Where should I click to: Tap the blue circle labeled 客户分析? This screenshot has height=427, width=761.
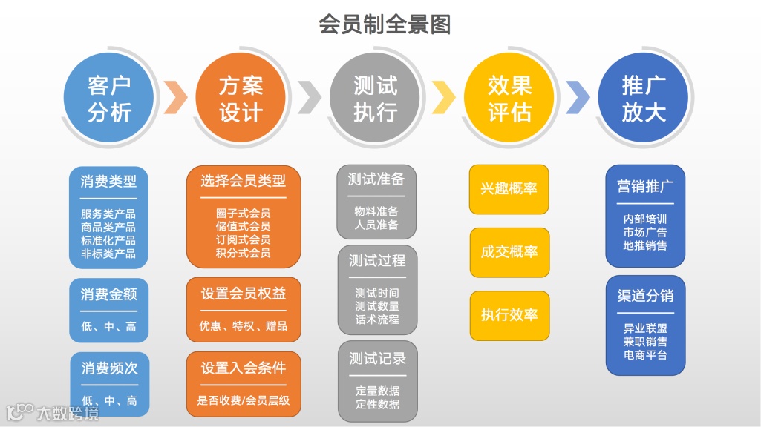click(109, 99)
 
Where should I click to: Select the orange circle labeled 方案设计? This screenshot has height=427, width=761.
click(241, 99)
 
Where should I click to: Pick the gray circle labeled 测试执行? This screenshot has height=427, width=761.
click(375, 99)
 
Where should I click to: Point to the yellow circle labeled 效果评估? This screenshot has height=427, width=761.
click(509, 99)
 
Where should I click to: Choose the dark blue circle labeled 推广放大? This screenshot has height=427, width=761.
click(643, 99)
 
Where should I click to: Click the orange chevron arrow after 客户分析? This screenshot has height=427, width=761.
click(175, 97)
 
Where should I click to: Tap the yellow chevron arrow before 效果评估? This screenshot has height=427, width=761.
click(443, 97)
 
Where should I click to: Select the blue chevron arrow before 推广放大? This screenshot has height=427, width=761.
click(577, 97)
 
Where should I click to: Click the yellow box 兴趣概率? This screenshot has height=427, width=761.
click(509, 188)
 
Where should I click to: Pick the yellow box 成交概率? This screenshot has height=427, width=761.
click(509, 251)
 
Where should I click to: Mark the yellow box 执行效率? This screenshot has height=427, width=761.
click(509, 314)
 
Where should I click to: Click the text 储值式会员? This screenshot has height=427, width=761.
click(243, 226)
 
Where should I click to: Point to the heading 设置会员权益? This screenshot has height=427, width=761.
click(243, 294)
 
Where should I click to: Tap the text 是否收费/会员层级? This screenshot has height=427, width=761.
click(243, 400)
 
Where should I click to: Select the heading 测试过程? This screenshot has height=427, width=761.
click(377, 260)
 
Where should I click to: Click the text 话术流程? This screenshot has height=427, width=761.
click(377, 320)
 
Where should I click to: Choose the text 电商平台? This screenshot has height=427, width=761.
click(645, 354)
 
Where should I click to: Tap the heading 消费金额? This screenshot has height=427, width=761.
click(109, 294)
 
